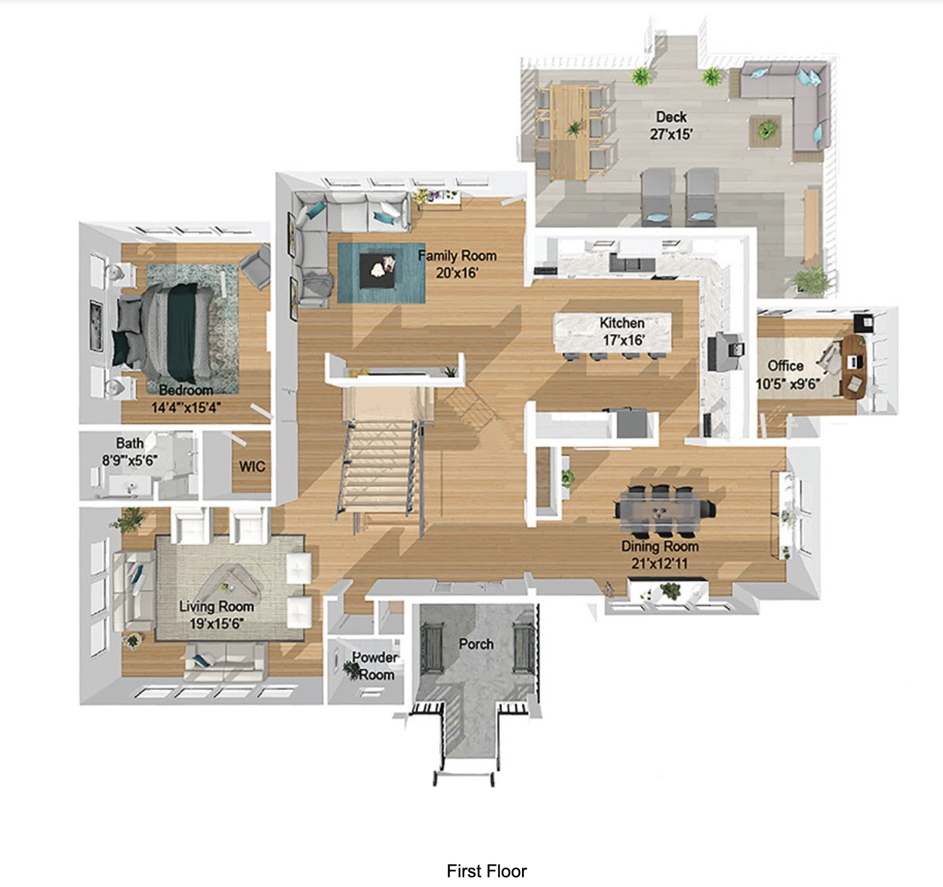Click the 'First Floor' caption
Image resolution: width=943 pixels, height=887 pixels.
tap(486, 871)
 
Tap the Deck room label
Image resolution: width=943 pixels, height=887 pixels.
tap(671, 117)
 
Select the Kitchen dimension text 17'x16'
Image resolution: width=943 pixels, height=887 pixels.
tap(623, 340)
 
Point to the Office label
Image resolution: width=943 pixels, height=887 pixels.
tap(785, 366)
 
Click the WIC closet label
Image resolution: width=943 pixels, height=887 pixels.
tap(252, 467)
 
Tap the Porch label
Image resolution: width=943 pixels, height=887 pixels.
tap(476, 644)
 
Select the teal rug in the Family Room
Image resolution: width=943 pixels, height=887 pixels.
tap(381, 272)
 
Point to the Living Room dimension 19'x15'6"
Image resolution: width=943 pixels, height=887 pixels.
tap(217, 624)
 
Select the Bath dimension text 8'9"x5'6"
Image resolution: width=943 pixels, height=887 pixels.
tap(130, 460)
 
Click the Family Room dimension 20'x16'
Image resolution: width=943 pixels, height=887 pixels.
tap(457, 273)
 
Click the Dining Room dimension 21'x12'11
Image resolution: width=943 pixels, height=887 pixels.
tap(659, 563)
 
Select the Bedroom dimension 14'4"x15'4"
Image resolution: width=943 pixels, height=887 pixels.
tap(186, 407)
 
